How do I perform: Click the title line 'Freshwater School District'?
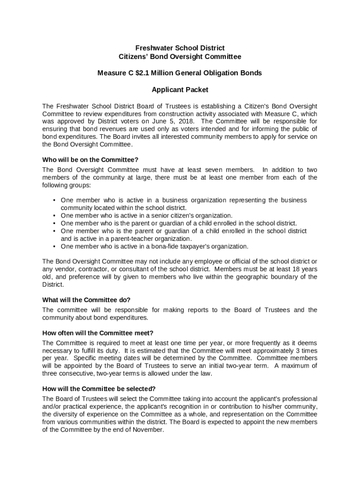coord(180,48)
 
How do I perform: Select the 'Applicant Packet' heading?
coord(180,89)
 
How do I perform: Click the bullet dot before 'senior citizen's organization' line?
coord(55,216)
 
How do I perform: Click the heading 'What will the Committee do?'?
coord(86,300)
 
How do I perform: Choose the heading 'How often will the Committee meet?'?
coord(98,333)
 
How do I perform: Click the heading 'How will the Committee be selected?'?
coord(99,389)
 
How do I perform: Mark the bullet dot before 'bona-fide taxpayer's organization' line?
coord(55,247)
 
